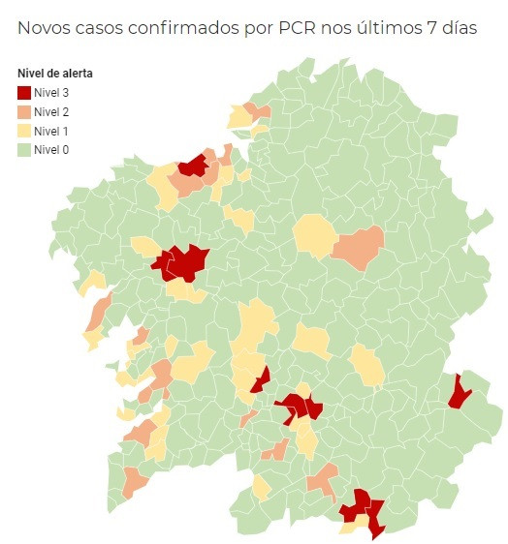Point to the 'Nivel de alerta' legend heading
tap(55, 74)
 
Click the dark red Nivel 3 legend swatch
tap(24, 93)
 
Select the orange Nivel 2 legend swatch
tap(24, 112)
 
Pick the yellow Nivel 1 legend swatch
tap(24, 131)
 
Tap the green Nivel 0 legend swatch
tap(24, 149)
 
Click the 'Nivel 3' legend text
tap(51, 93)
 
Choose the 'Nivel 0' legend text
tap(51, 149)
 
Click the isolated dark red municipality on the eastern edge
tap(459, 391)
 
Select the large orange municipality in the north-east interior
tap(358, 246)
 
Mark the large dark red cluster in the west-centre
tap(181, 261)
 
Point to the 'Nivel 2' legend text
tap(51, 112)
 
